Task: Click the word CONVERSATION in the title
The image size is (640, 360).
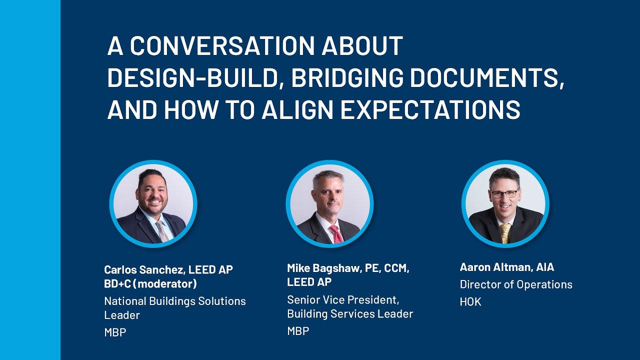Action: pos(222,46)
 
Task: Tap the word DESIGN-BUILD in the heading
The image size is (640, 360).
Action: pos(192,78)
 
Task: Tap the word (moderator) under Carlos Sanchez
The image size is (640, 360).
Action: pos(165,284)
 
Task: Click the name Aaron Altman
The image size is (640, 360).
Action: pos(495,267)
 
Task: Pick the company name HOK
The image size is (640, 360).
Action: pos(470,302)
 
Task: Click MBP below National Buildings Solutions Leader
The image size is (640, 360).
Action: pos(115,332)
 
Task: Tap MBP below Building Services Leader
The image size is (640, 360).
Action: pos(298,331)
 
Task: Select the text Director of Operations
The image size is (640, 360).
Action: pos(516,284)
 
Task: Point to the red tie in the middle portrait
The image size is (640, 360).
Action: pos(335,233)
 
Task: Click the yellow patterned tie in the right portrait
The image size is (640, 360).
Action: pos(505,232)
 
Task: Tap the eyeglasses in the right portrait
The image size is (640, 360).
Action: pos(504,193)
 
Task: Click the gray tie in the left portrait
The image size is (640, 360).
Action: pos(161,231)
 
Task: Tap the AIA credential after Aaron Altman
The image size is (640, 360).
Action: pos(545,267)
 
